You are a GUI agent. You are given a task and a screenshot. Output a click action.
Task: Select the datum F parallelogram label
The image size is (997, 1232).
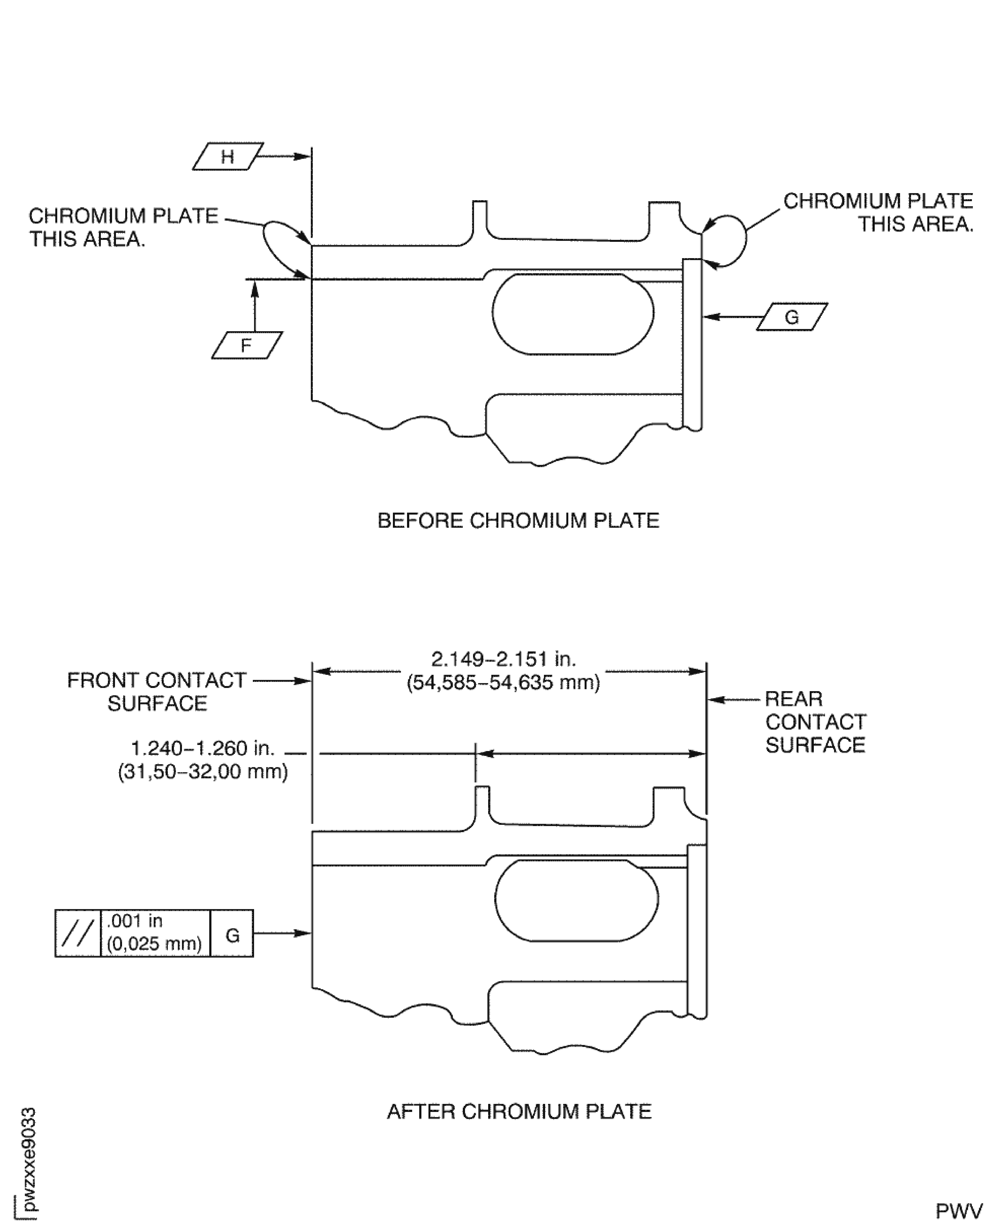coord(246,346)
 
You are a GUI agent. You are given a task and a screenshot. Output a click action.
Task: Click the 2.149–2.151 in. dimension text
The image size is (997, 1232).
coord(503,659)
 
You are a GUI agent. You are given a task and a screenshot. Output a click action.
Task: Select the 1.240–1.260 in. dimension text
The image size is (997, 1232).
coord(203,748)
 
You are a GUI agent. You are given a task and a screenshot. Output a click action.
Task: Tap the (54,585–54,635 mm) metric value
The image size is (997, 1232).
coord(503,683)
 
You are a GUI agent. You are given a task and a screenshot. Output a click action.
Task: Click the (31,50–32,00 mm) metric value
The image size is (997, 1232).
coord(203,771)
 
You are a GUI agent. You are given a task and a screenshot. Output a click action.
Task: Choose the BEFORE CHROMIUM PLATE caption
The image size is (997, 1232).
coord(518,521)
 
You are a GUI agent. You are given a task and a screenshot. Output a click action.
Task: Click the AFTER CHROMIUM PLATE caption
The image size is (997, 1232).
coord(519,1111)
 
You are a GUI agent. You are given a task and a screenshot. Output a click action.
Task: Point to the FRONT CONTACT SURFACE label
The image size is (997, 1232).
coord(157,692)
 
